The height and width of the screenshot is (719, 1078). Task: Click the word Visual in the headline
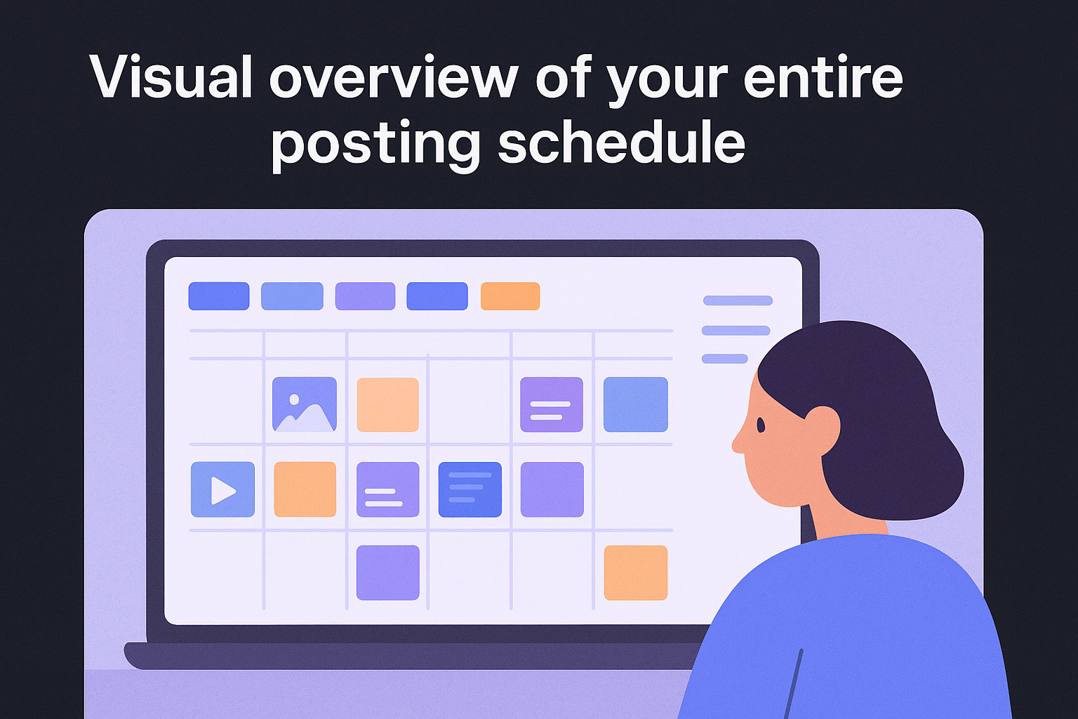point(171,77)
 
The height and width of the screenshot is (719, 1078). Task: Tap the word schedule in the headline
point(621,143)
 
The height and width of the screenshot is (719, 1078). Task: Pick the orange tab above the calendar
point(510,296)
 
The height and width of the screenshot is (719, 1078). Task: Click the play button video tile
point(222,489)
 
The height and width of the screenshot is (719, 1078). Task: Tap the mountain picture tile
point(305,404)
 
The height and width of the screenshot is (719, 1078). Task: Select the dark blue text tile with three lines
point(470,489)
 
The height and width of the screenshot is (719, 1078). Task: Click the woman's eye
point(761,425)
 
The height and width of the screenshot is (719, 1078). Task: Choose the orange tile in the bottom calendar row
point(635,572)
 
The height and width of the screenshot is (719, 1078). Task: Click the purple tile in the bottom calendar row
point(387,572)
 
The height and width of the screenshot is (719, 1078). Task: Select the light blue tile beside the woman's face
point(635,404)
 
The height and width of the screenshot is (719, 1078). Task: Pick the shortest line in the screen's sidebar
point(724,359)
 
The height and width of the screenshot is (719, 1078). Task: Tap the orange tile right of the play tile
point(305,489)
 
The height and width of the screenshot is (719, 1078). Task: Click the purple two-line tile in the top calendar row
point(551,404)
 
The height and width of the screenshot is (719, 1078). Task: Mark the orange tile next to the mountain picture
point(387,404)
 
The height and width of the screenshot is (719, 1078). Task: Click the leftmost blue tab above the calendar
point(219,296)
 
